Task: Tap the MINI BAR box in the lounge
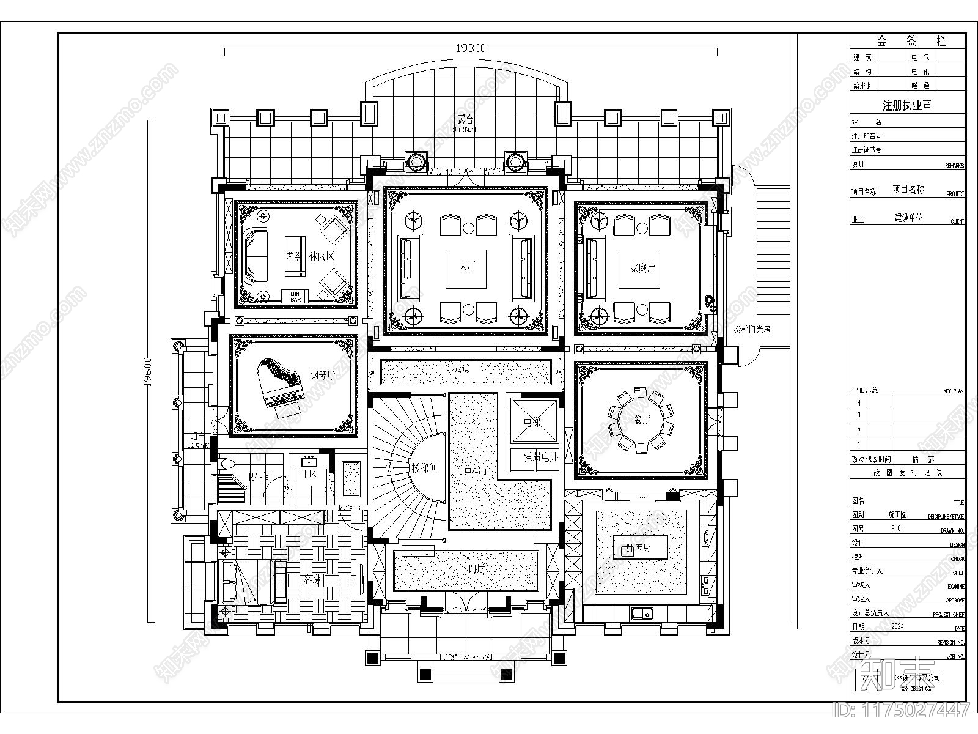point(295,296)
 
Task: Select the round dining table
point(641,420)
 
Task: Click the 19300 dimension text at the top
point(471,48)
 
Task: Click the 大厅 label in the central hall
point(466,267)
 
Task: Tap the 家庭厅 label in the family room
point(641,267)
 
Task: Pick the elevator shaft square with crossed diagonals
point(534,420)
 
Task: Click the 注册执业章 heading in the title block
point(907,105)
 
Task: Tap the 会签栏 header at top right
point(911,42)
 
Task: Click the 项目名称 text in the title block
point(908,190)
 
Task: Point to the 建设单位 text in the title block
point(908,218)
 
